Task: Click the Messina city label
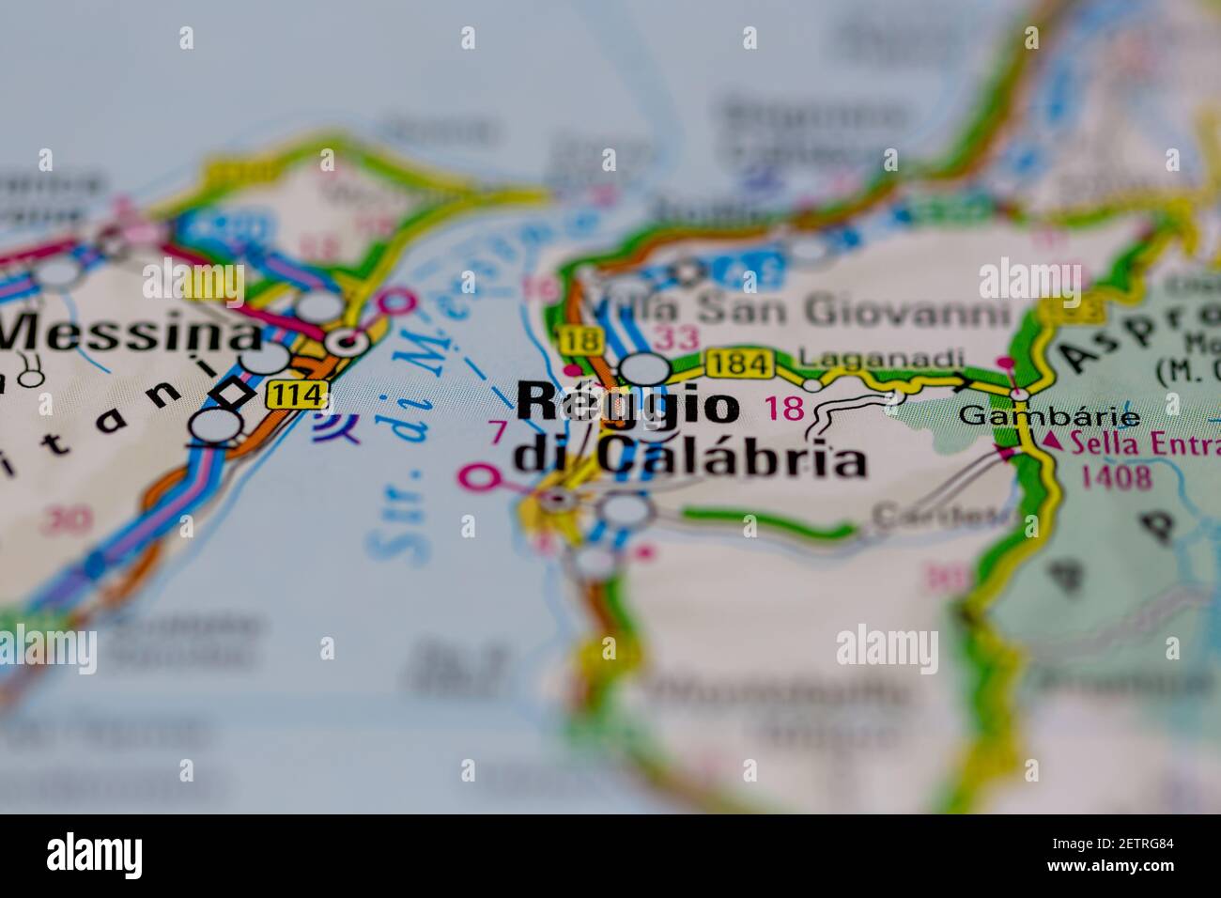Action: point(131,334)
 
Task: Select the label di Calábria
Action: point(689,458)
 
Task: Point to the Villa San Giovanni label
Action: point(798,309)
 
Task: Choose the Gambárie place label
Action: point(1049,417)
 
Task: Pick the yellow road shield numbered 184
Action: point(739,363)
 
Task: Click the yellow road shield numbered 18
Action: point(574,340)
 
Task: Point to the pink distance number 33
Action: point(678,337)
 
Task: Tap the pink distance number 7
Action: point(498,433)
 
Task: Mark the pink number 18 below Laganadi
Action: point(785,409)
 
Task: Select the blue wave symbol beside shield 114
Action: point(336,429)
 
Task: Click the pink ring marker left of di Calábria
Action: point(479,477)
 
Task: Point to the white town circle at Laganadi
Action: point(813,383)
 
